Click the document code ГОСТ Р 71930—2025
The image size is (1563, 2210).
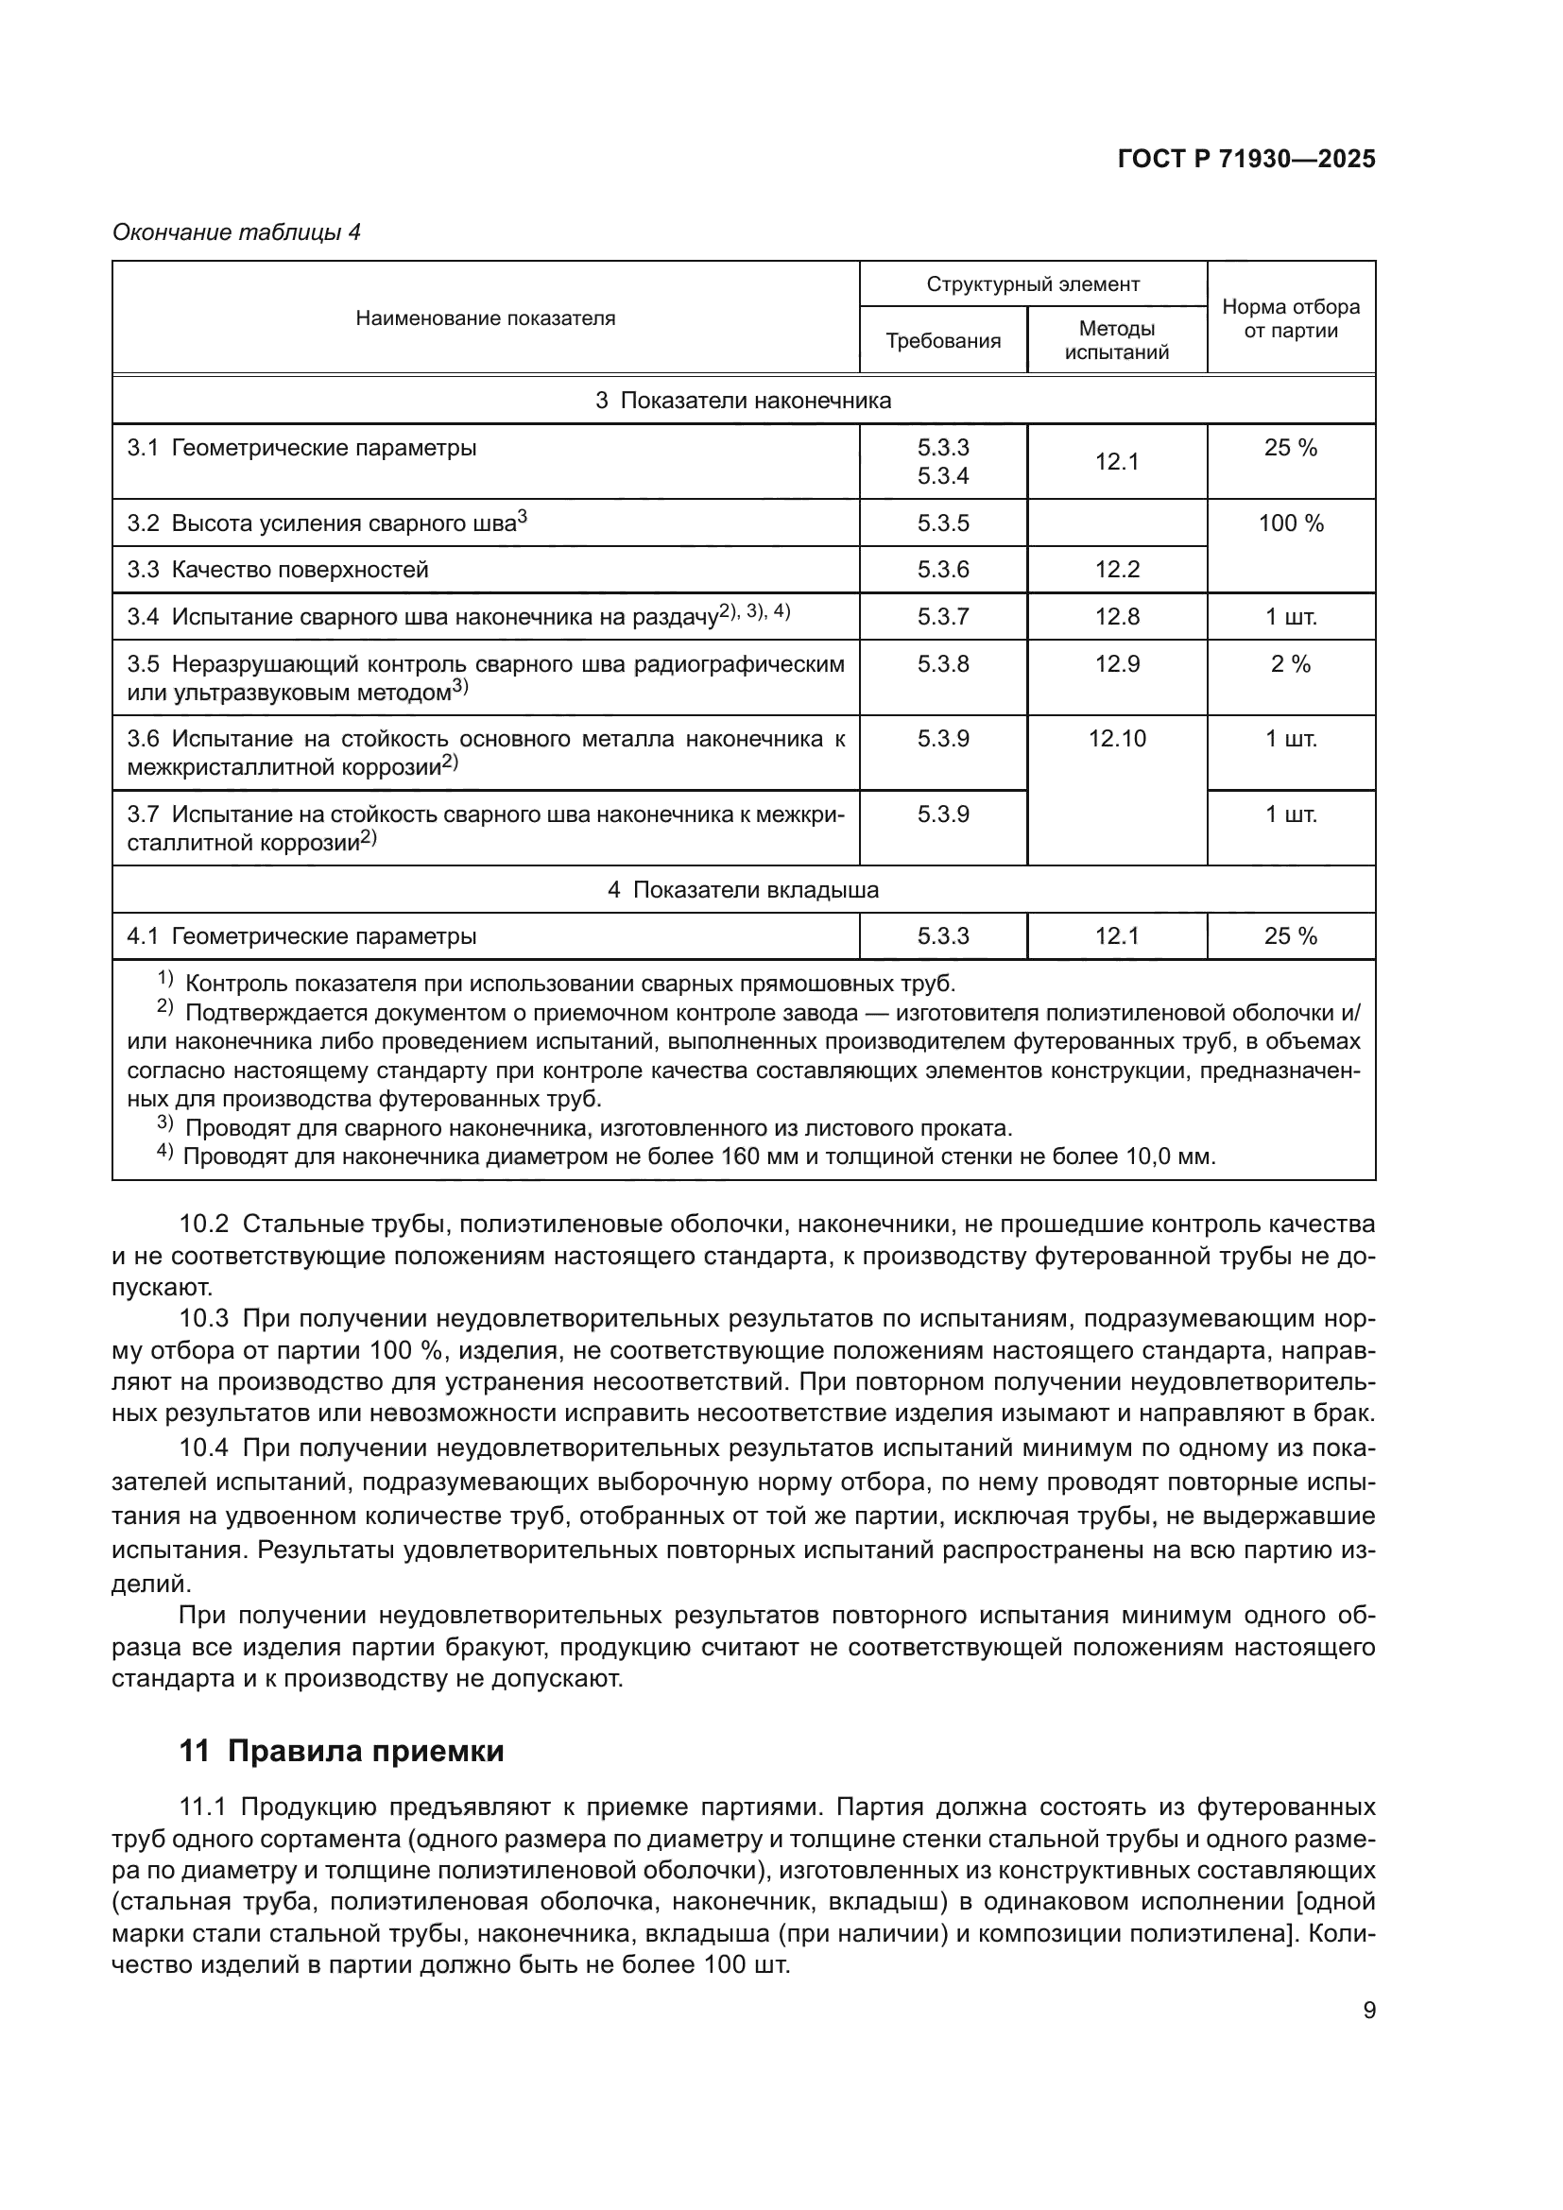click(x=1245, y=160)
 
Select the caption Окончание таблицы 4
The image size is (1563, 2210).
click(x=236, y=232)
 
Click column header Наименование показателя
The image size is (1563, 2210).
click(x=485, y=317)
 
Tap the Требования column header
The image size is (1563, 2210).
click(x=942, y=341)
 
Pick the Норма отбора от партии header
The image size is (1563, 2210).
click(x=1290, y=318)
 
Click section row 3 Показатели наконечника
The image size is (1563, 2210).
click(x=743, y=401)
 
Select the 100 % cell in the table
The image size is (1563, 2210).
click(x=1290, y=523)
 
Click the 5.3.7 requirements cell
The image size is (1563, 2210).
click(x=942, y=617)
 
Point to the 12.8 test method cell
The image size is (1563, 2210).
click(x=1116, y=617)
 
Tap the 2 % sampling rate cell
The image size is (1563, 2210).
click(x=1290, y=664)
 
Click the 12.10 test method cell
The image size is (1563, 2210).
click(x=1116, y=739)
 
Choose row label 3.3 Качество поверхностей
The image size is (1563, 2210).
click(x=277, y=570)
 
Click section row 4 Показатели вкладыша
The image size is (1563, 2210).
click(x=743, y=889)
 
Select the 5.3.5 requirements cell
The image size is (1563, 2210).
click(x=942, y=523)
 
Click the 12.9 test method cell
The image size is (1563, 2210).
click(x=1116, y=664)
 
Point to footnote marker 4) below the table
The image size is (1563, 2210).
click(x=164, y=1153)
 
